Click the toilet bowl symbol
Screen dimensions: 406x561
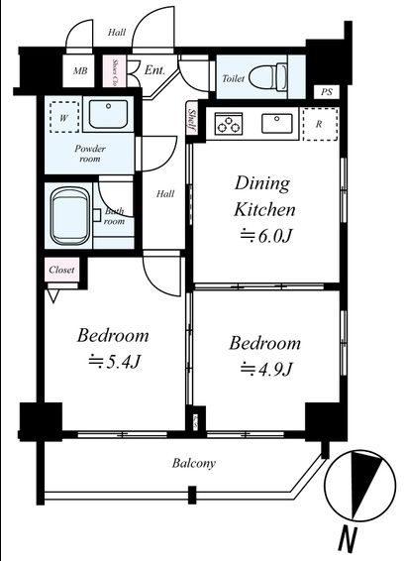tap(268, 76)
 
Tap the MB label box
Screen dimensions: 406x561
tap(79, 70)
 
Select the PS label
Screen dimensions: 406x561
tap(326, 92)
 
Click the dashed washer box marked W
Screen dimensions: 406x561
tap(64, 117)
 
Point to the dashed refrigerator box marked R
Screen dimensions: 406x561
tap(320, 124)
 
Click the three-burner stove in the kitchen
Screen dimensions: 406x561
tap(229, 124)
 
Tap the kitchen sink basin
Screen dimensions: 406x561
tap(277, 123)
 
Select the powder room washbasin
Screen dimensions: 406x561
tap(108, 114)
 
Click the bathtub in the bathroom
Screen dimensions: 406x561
tap(69, 216)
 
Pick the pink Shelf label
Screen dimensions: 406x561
tap(191, 120)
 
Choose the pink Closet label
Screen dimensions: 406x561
tap(61, 270)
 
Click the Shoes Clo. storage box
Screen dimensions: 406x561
tap(114, 71)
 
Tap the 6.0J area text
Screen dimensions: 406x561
tap(266, 236)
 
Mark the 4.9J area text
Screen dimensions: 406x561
tap(266, 369)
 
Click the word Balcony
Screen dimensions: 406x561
tap(194, 463)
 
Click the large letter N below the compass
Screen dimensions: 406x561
tap(349, 542)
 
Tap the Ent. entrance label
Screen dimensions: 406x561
tap(154, 69)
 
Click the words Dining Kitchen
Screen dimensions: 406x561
tap(264, 196)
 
